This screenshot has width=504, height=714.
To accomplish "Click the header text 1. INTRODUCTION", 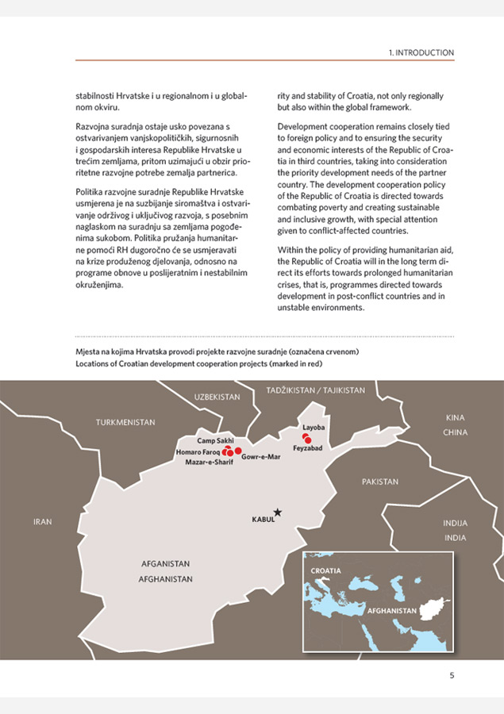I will coord(421,52).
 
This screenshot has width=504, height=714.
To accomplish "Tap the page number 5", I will coord(452,676).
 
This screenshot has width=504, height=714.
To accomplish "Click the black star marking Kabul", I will coord(277,512).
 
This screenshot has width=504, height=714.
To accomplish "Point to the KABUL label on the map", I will coord(263,520).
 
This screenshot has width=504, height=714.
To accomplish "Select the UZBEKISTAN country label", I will coord(217,396).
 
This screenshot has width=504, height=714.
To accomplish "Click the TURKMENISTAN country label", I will coord(125,422).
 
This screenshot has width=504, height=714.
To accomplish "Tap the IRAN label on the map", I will coord(42,522).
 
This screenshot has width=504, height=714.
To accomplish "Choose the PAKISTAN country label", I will coord(380,482).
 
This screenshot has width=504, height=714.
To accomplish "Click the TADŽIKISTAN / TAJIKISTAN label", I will coord(316,390).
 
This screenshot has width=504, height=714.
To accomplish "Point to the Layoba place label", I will coord(314,428).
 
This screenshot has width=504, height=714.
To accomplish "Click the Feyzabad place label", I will coord(306,448).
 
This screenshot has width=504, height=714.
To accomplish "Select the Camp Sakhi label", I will coord(215,440).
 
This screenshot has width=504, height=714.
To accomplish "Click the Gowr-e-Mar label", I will coord(260,457).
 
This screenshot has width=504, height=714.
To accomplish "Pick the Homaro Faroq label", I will coord(198,451).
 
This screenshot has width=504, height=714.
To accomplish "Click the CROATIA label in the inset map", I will coord(325,570).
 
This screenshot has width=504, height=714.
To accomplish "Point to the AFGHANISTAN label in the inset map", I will coord(391,611).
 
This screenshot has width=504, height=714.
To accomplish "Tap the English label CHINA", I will coord(456,432).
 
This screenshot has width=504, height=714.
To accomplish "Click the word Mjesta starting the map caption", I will coord(88,351).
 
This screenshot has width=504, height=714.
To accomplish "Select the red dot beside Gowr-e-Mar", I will coord(238,451).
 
